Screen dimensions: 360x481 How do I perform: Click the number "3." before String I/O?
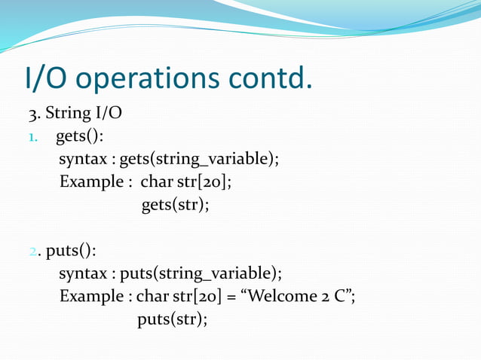35,114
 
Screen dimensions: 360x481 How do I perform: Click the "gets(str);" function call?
175,205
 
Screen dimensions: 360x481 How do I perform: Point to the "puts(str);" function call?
172,319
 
